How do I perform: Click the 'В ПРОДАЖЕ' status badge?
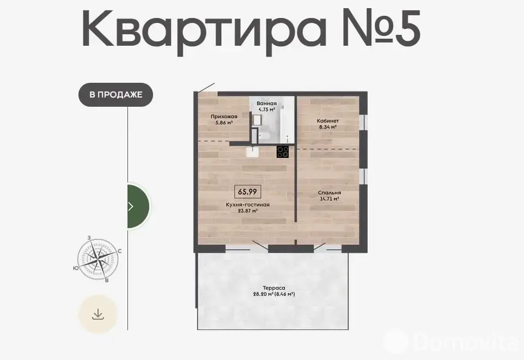(x=115, y=95)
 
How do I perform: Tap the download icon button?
(x=98, y=314)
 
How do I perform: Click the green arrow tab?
(x=138, y=206)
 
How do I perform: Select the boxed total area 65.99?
(x=248, y=192)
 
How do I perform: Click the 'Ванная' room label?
(x=267, y=103)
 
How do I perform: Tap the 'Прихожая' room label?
(x=224, y=117)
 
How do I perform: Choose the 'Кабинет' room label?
(x=328, y=121)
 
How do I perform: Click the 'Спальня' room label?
(x=330, y=193)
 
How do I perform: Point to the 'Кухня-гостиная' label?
(x=248, y=205)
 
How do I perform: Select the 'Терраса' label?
(x=274, y=288)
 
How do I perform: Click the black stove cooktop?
(x=283, y=151)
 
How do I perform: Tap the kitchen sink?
(x=252, y=152)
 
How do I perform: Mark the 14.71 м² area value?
(x=330, y=199)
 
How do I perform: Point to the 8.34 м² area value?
(x=328, y=127)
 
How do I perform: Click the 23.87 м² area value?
(x=248, y=211)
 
